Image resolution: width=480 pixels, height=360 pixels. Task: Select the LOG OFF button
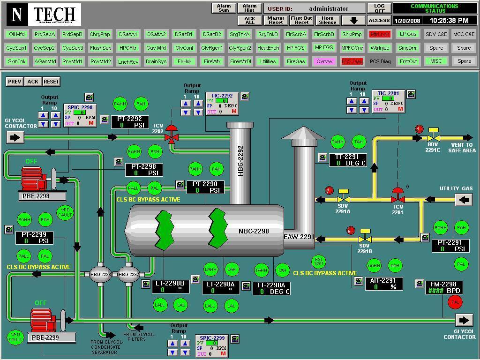click(x=379, y=8)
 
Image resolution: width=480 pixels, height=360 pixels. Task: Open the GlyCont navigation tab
click(x=184, y=48)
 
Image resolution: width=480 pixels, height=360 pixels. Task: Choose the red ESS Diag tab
click(x=352, y=61)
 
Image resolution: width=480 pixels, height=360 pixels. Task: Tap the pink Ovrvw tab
click(x=324, y=61)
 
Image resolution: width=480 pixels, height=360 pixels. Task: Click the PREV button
click(x=15, y=81)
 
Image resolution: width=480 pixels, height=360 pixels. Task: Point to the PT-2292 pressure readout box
click(x=130, y=122)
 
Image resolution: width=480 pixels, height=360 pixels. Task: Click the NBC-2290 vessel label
click(x=254, y=231)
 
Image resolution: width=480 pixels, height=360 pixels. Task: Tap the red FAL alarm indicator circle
click(x=455, y=303)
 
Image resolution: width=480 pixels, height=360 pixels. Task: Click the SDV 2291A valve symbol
click(x=343, y=199)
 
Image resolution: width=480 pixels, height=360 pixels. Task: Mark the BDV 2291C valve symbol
click(x=433, y=138)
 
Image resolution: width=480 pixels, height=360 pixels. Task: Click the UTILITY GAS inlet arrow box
click(x=464, y=200)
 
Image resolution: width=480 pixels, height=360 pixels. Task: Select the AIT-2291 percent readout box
click(x=383, y=284)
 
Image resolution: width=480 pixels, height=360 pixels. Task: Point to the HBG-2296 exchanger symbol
click(x=101, y=275)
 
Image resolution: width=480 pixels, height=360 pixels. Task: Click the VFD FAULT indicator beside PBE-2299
click(x=15, y=337)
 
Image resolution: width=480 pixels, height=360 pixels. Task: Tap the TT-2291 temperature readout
click(x=347, y=160)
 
